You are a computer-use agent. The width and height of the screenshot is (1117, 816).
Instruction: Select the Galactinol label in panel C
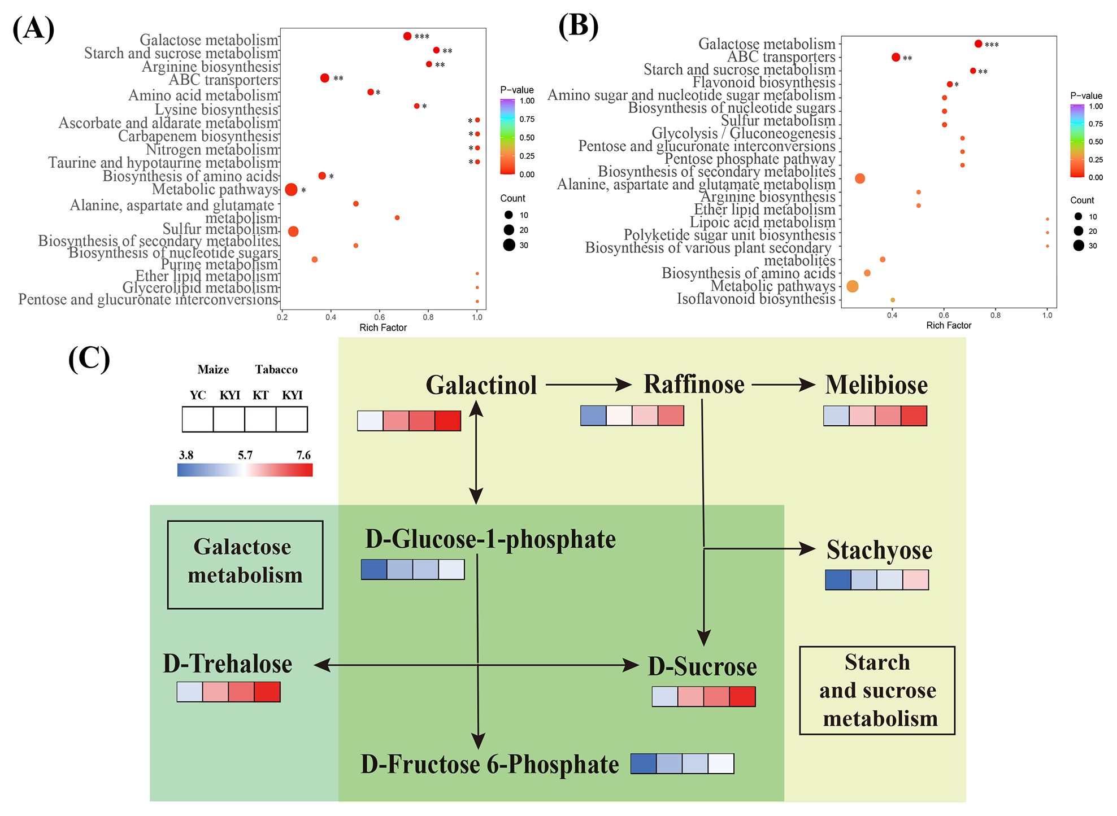pyautogui.click(x=481, y=385)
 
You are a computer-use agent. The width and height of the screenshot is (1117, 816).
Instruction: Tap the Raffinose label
pyautogui.click(x=694, y=385)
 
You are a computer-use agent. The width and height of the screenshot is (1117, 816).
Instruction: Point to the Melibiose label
pyautogui.click(x=876, y=385)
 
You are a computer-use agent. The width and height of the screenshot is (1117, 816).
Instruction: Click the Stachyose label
pyautogui.click(x=879, y=550)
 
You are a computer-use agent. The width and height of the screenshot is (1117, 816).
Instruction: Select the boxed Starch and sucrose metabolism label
pyautogui.click(x=877, y=690)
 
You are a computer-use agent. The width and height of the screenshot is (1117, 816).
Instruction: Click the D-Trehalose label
pyautogui.click(x=227, y=664)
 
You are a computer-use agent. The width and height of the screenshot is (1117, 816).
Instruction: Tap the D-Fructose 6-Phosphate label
pyautogui.click(x=490, y=765)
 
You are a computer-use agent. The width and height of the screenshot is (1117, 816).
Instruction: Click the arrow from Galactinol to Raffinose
pyautogui.click(x=588, y=385)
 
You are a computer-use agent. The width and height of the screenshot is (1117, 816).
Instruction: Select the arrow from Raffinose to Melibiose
pyautogui.click(x=783, y=385)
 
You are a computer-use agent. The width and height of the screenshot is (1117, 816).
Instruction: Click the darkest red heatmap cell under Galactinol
pyautogui.click(x=448, y=421)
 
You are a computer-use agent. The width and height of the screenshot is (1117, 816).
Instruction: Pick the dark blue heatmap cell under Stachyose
pyautogui.click(x=838, y=580)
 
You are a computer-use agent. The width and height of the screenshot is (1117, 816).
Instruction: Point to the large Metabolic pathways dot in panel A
pyautogui.click(x=291, y=190)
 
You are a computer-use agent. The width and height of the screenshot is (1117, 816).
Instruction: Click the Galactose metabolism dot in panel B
pyautogui.click(x=978, y=44)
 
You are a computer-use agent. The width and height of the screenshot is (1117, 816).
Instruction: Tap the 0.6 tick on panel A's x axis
pyautogui.click(x=380, y=317)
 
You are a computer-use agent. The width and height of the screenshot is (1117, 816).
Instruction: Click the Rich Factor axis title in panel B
pyautogui.click(x=949, y=325)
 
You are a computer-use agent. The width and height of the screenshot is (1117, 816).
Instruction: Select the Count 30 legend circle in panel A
pyautogui.click(x=509, y=245)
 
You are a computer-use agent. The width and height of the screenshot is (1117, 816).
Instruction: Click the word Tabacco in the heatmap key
pyautogui.click(x=276, y=369)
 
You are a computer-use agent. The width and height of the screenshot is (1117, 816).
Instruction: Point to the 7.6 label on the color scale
pyautogui.click(x=303, y=455)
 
